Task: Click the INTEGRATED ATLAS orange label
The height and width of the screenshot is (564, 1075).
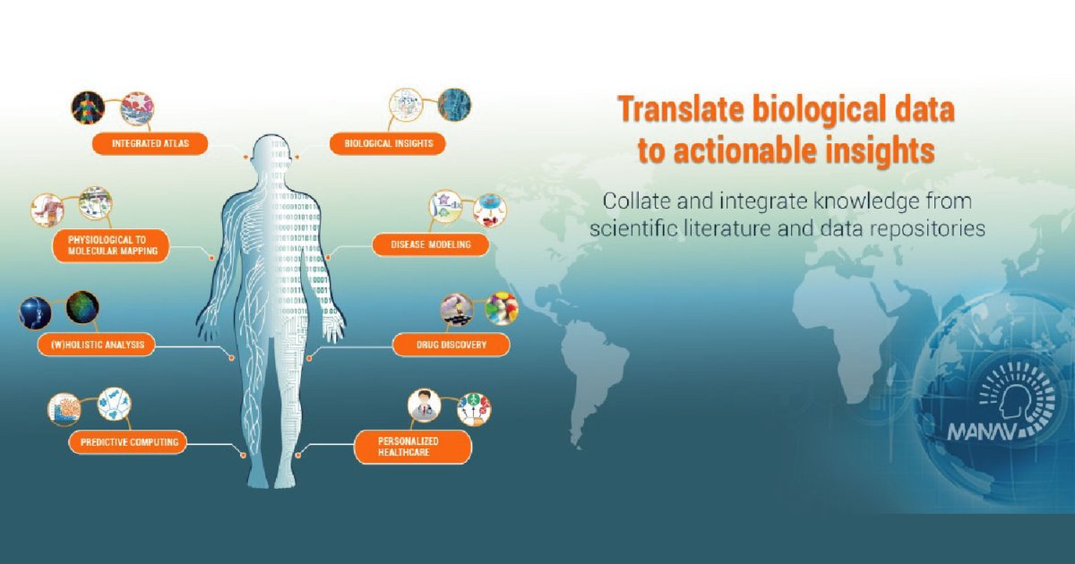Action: tap(150, 143)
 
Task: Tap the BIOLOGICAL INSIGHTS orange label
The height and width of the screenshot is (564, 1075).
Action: tap(388, 143)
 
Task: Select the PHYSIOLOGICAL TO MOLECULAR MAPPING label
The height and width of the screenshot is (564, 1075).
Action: tap(111, 245)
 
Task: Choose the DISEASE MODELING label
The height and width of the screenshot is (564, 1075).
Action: tap(431, 244)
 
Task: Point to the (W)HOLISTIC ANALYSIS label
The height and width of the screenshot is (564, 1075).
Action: tap(97, 345)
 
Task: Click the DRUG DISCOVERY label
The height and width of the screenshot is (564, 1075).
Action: tap(451, 345)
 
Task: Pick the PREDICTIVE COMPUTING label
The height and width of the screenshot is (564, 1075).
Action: tap(128, 442)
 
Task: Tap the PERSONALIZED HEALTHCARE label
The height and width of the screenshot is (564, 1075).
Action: tap(413, 447)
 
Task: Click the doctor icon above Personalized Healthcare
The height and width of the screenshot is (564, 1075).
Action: tap(425, 406)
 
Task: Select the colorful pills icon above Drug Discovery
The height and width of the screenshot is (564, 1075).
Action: tap(502, 308)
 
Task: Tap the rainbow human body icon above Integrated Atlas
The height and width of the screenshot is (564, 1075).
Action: tap(89, 108)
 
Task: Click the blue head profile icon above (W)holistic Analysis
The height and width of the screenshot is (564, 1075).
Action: tap(35, 313)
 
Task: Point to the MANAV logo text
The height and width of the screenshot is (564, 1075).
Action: tap(983, 432)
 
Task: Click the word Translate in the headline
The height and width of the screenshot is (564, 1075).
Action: tap(680, 109)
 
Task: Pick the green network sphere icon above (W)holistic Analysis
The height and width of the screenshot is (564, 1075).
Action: tap(82, 307)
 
